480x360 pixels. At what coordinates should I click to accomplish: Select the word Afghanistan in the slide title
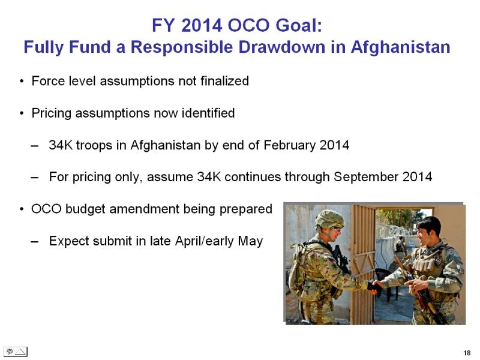[400, 47]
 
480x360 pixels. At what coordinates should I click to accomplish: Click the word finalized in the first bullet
[224, 81]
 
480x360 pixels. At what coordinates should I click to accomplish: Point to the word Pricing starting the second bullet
[52, 113]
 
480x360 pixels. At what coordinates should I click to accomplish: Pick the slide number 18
[467, 353]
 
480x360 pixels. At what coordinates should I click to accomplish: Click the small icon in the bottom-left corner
[16, 352]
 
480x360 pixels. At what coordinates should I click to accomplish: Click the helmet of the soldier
[329, 219]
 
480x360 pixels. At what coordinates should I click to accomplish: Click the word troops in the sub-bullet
[94, 145]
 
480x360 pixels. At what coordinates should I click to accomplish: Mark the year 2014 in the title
[202, 25]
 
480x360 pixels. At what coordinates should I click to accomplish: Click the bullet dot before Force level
[22, 82]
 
